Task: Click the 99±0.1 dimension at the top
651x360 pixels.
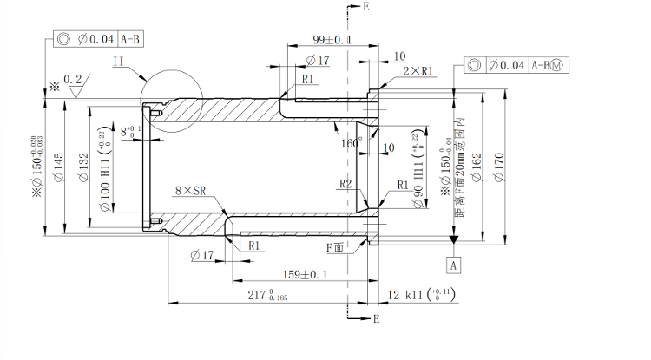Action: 332,40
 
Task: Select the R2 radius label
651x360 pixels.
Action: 345,184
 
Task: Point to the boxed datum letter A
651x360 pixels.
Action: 453,262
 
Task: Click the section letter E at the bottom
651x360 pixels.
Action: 376,320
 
